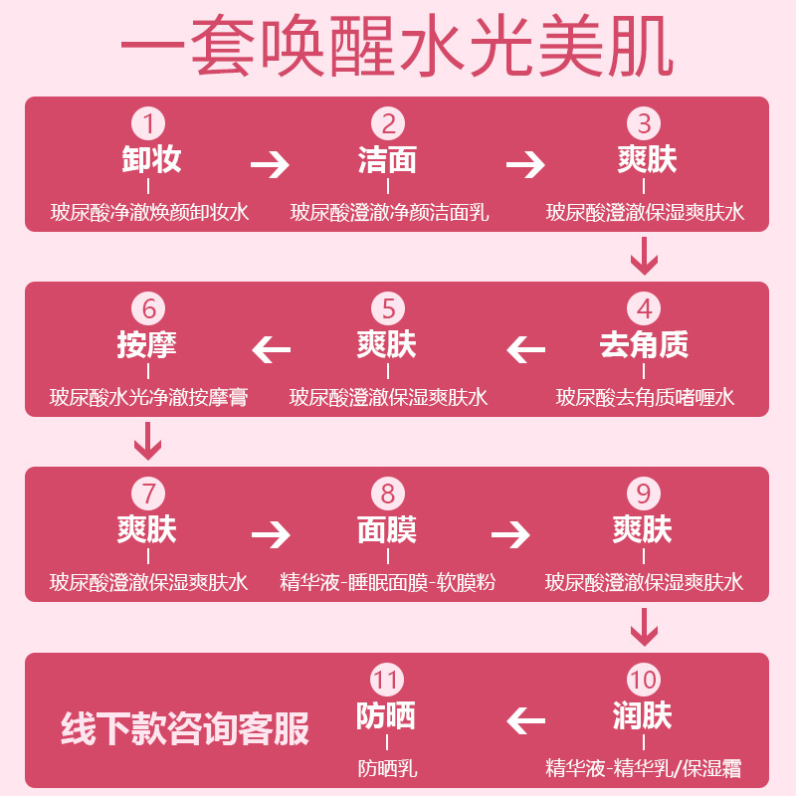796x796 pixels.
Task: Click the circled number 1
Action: [149, 123]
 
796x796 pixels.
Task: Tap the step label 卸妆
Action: [149, 159]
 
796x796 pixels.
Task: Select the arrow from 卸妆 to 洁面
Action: [270, 164]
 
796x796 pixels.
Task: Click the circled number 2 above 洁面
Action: [388, 123]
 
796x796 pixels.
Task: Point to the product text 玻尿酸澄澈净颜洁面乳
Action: [389, 213]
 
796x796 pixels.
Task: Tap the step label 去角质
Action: [645, 345]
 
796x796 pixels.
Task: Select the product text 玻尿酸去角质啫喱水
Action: [645, 398]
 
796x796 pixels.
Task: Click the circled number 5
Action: [388, 308]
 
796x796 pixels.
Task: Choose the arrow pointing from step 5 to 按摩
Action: [272, 350]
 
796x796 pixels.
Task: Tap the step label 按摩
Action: [149, 345]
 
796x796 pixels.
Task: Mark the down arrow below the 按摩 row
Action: [147, 442]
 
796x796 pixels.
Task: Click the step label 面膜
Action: [388, 530]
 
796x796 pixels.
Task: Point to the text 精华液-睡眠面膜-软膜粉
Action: [388, 583]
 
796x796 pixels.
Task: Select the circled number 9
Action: [645, 495]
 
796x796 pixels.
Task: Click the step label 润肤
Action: [645, 716]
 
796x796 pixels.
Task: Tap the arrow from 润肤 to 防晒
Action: [526, 720]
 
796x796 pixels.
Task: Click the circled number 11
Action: [388, 681]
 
